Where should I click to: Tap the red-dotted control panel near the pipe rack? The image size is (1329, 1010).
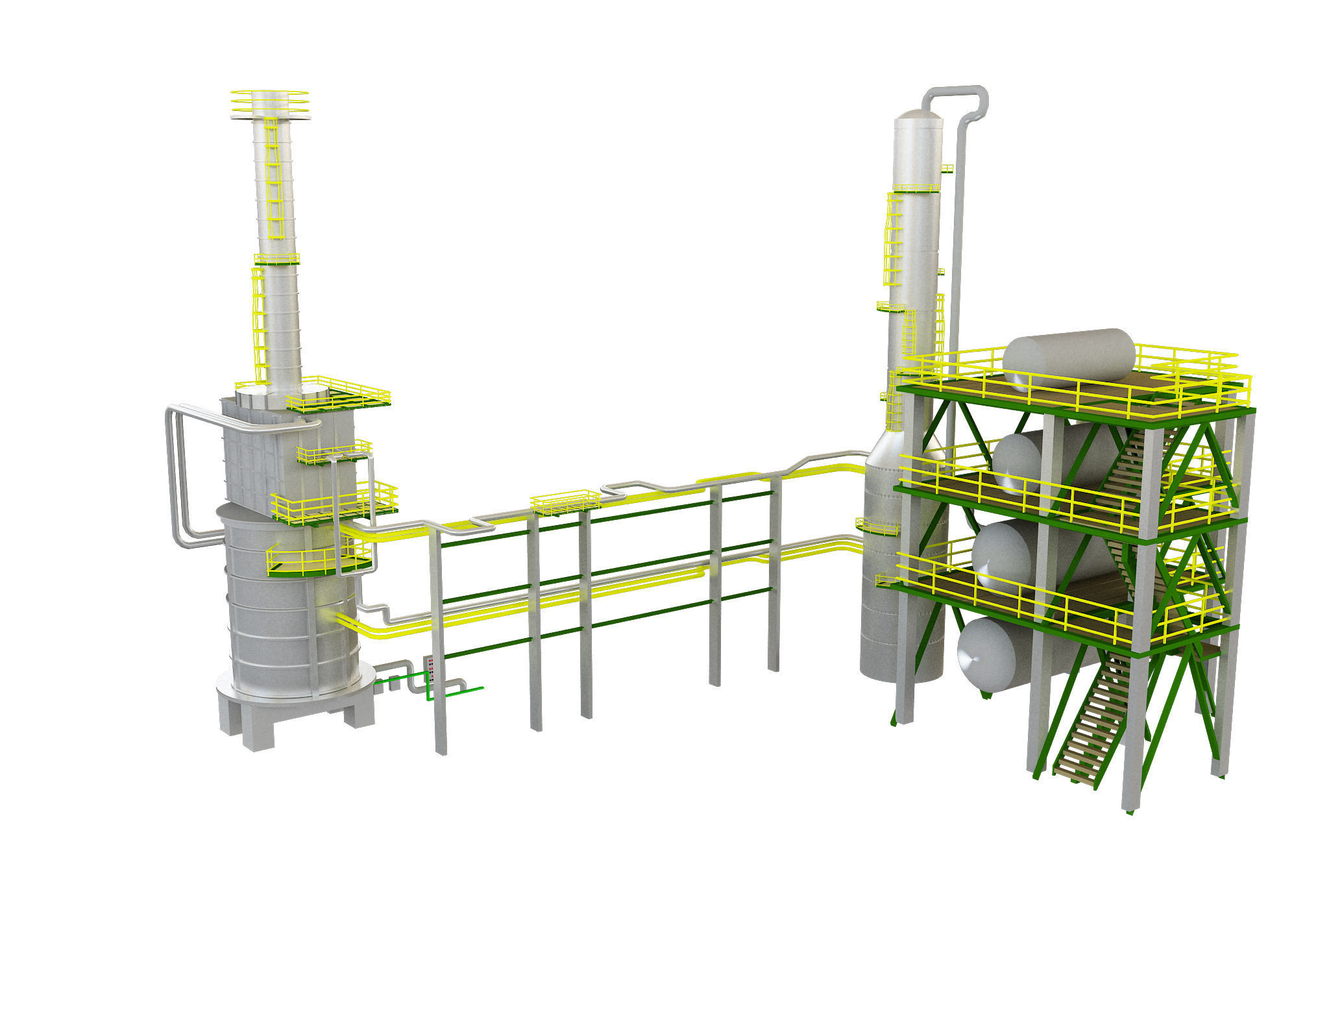click(x=431, y=669)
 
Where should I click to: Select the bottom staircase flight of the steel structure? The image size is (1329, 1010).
click(x=1090, y=727)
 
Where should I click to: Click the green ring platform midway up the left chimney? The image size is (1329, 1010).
click(x=277, y=259)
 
